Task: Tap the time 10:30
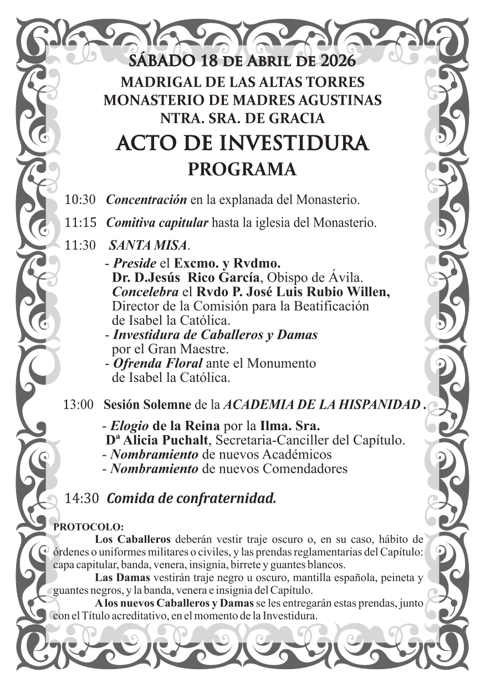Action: [x=80, y=199]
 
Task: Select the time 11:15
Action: [x=80, y=223]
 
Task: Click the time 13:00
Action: [x=79, y=405]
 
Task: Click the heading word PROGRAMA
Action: [x=242, y=169]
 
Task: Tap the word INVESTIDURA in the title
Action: [x=295, y=143]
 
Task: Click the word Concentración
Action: [x=146, y=199]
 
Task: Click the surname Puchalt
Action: [x=185, y=441]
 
